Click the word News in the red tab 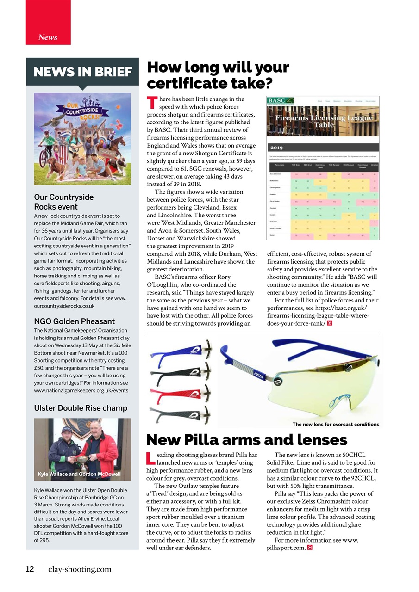(x=48, y=37)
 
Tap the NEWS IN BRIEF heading (x=83, y=72)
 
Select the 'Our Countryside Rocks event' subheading (x=64, y=202)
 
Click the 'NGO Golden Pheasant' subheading (x=75, y=321)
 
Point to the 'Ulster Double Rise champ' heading (x=81, y=408)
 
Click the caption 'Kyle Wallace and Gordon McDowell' (x=79, y=474)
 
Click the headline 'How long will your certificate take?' (x=218, y=75)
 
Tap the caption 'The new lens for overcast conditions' (x=336, y=424)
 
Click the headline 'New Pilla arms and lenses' (x=247, y=439)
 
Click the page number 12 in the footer (x=30, y=569)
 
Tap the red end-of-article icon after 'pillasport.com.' (x=310, y=548)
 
